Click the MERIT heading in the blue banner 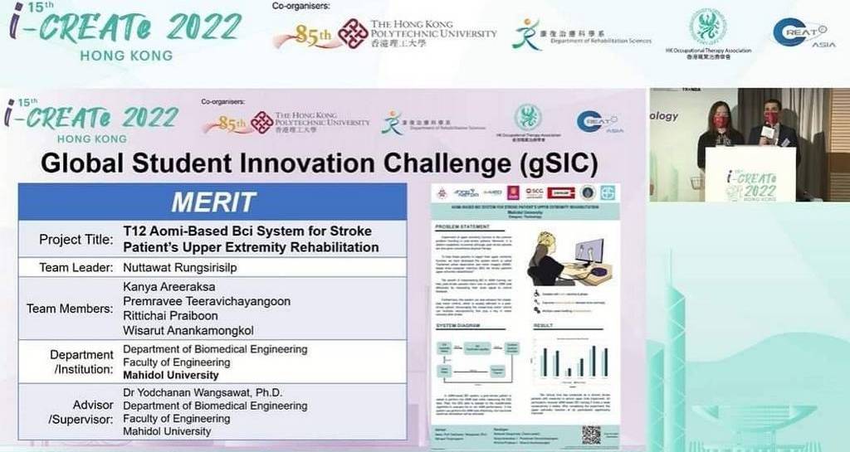(212, 202)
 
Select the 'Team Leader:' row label (76, 268)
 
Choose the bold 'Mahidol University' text (171, 375)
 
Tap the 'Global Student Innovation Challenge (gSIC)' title (319, 163)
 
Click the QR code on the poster (590, 435)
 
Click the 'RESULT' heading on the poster (543, 326)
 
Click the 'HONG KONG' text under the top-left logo (126, 56)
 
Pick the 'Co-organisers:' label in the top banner (300, 7)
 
